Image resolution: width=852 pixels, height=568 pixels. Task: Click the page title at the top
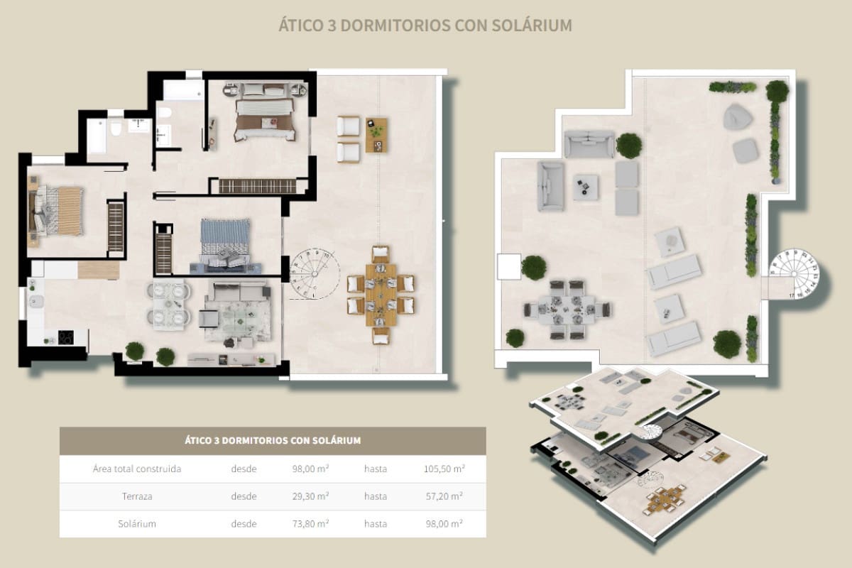[x=425, y=26]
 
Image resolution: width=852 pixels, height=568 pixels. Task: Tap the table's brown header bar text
[x=273, y=440]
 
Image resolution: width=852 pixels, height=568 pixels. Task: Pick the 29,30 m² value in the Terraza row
[x=309, y=496]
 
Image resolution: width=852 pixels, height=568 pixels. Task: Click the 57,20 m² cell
[x=444, y=496]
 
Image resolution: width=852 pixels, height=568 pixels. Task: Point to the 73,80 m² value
[x=309, y=523]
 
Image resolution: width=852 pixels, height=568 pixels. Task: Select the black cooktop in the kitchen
[x=65, y=337]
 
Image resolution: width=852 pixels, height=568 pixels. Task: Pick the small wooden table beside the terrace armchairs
[x=376, y=135]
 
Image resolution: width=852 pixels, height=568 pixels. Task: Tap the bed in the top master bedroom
[x=264, y=114]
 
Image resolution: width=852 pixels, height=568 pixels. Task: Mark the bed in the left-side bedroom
[x=57, y=211]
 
